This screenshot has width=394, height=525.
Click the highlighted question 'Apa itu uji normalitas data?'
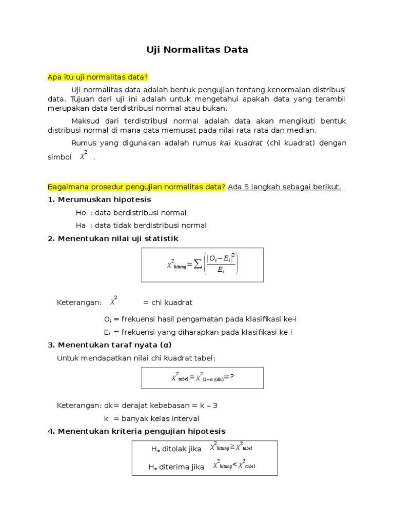(x=97, y=77)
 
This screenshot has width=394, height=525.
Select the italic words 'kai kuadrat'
(x=241, y=143)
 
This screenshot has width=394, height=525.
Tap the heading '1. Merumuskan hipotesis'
(x=100, y=199)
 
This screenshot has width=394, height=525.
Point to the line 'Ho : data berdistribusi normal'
(x=131, y=212)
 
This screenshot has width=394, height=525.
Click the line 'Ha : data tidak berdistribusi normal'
(x=141, y=225)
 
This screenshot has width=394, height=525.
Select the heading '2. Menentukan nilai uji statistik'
(x=113, y=238)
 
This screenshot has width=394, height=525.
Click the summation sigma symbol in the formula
(x=198, y=265)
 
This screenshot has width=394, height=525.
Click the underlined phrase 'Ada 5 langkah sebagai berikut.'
(x=285, y=187)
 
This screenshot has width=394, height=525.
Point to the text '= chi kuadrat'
(x=168, y=302)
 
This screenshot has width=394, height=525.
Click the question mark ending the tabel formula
(x=232, y=377)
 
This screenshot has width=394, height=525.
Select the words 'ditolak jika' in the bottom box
(x=182, y=449)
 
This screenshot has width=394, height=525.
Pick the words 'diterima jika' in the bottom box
(x=183, y=467)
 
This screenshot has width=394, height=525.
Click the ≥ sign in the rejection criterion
(x=232, y=447)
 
